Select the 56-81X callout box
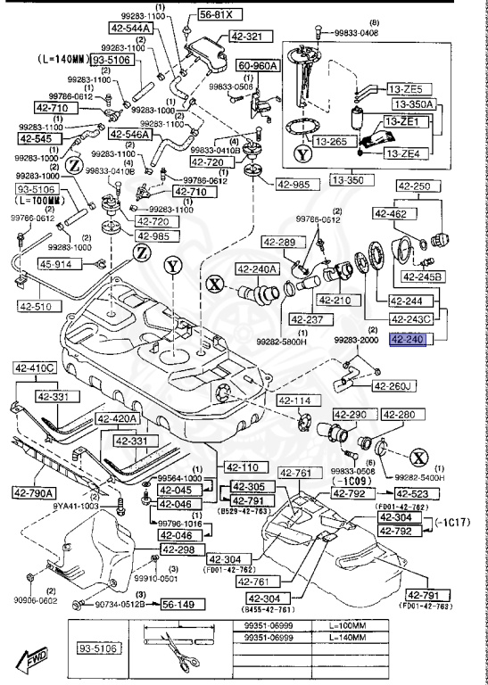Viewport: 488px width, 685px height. tap(217, 15)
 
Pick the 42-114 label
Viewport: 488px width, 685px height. tap(295, 400)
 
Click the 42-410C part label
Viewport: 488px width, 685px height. tap(34, 367)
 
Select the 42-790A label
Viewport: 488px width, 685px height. tap(34, 491)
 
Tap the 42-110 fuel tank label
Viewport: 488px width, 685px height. tap(240, 466)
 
